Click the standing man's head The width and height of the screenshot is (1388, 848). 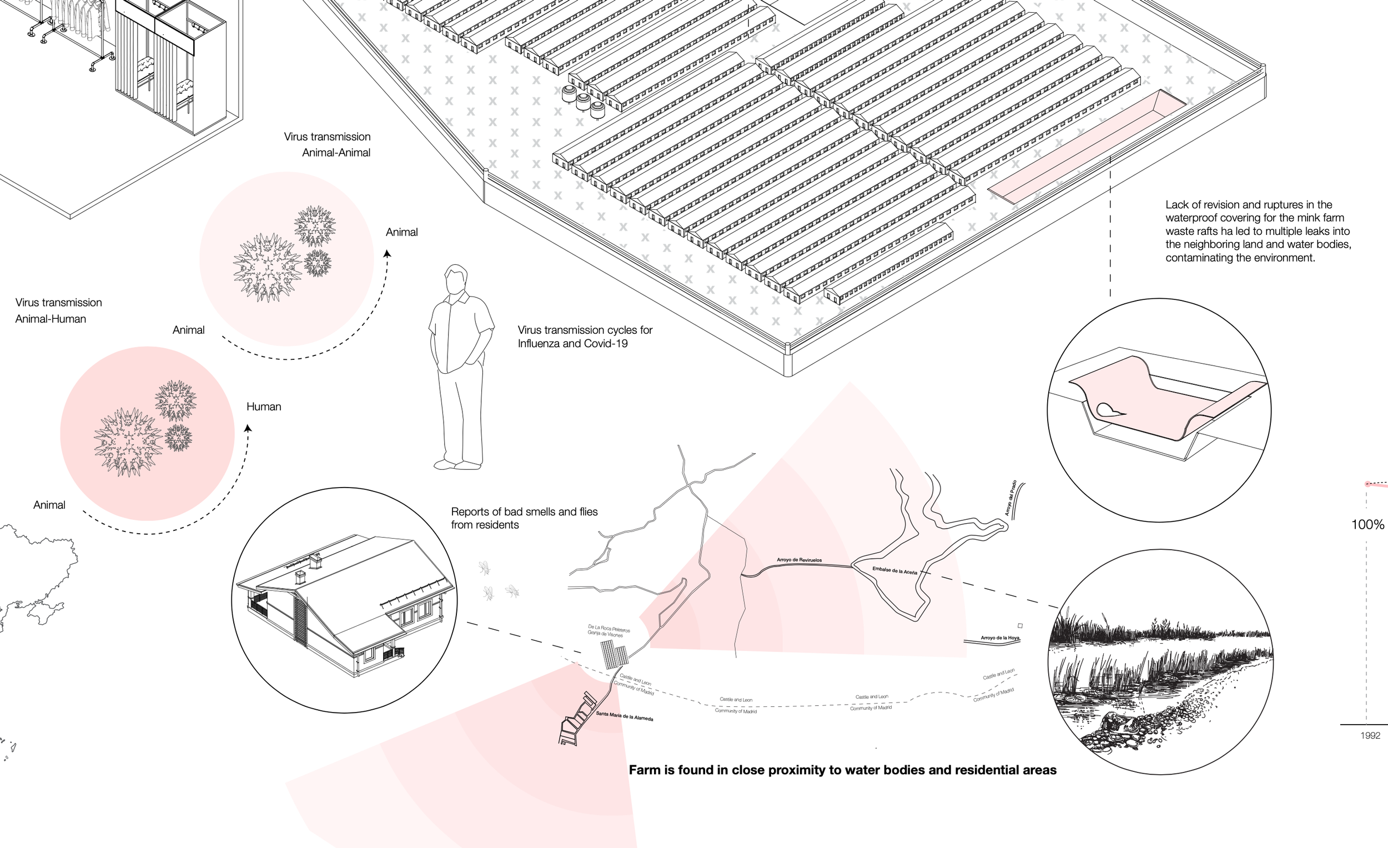point(456,279)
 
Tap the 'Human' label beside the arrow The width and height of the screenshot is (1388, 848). point(264,407)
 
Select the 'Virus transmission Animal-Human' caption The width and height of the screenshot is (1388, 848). point(59,310)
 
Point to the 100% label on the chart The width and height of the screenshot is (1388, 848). point(1367,525)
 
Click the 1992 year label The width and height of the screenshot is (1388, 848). point(1370,735)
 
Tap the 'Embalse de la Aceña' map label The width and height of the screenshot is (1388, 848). point(894,570)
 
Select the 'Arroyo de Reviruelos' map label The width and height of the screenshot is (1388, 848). point(799,560)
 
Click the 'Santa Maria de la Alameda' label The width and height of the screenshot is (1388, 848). point(624,716)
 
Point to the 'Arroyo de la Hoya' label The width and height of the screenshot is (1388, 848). point(1000,638)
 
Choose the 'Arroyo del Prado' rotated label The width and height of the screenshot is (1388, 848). point(1010,498)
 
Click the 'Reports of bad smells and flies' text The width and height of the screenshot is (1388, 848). point(524,518)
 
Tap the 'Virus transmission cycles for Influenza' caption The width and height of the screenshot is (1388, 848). point(585,337)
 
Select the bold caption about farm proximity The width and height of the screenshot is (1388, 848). point(842,770)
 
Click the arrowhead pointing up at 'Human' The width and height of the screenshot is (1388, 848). point(248,428)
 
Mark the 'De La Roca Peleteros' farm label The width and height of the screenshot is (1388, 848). point(608,630)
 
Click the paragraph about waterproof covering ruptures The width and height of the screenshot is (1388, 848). point(1258,231)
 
